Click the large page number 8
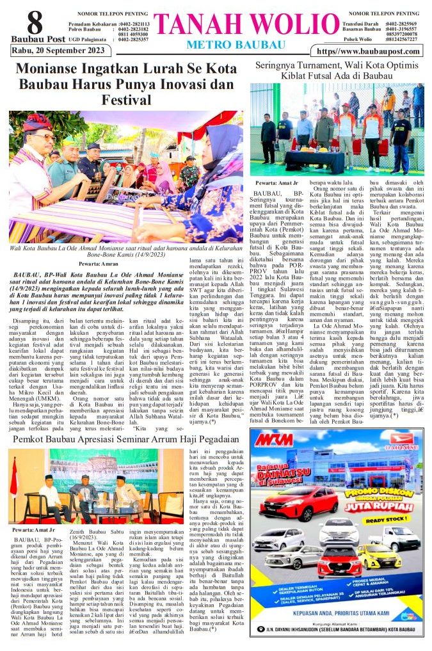point(35,23)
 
